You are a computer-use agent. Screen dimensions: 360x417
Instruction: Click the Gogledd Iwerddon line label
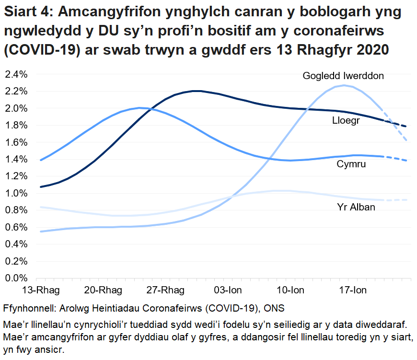343,76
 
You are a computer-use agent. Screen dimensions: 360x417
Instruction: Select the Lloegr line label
346,121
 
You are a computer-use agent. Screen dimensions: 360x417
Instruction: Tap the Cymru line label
351,164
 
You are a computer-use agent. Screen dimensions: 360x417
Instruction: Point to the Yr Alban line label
356,207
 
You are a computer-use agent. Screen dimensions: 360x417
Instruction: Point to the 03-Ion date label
228,290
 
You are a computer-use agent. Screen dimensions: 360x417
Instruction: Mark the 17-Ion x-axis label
353,290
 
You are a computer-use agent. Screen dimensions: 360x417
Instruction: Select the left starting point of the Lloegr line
41,186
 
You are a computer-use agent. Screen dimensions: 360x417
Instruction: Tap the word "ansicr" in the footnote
50,350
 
